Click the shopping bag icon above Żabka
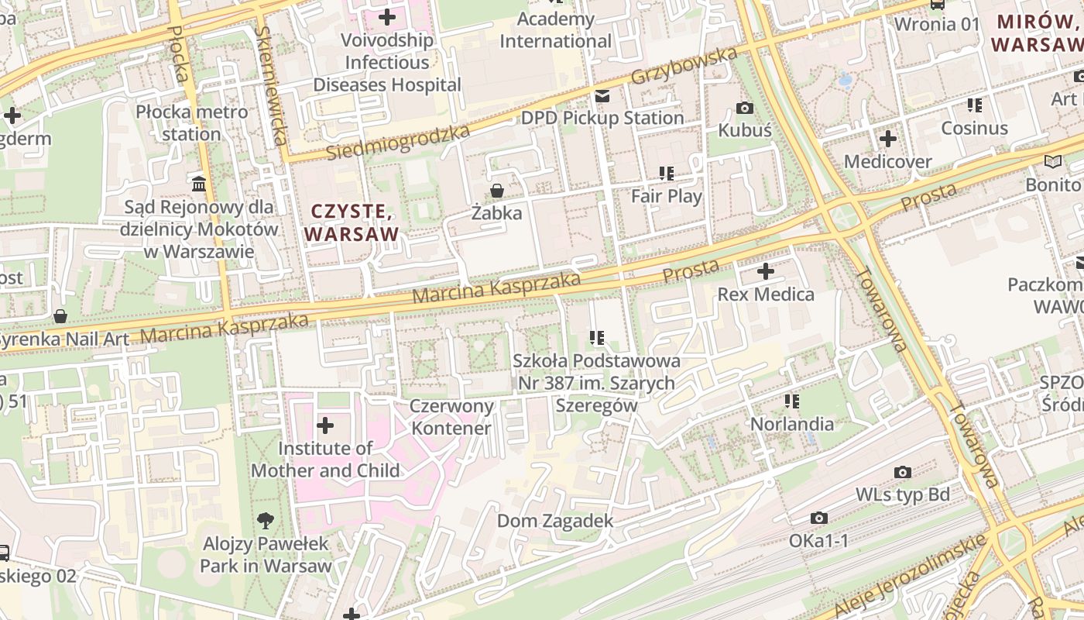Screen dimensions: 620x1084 click(x=497, y=190)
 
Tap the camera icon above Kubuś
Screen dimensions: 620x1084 click(x=745, y=108)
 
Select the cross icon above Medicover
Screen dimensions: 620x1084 click(x=888, y=139)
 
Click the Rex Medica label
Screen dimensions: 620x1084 click(x=766, y=294)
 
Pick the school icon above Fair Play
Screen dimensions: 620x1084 click(x=666, y=174)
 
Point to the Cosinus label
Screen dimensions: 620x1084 click(x=974, y=128)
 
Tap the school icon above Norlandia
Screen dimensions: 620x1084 click(x=791, y=401)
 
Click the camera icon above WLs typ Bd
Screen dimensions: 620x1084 click(x=902, y=472)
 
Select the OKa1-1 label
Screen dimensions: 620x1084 click(x=818, y=540)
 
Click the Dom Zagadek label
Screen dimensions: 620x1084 click(x=555, y=521)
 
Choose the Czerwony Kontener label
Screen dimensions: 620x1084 click(x=451, y=417)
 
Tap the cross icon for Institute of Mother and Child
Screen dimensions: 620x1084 click(x=325, y=425)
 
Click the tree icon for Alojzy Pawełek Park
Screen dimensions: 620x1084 click(x=266, y=521)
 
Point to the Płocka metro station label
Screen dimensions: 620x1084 click(x=192, y=122)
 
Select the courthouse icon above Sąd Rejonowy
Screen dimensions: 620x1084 click(x=199, y=184)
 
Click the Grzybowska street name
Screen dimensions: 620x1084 click(x=684, y=67)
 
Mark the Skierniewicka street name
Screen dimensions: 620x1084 click(x=269, y=85)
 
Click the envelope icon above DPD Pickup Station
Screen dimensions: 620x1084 click(x=602, y=96)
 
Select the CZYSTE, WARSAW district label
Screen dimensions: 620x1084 click(x=352, y=222)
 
